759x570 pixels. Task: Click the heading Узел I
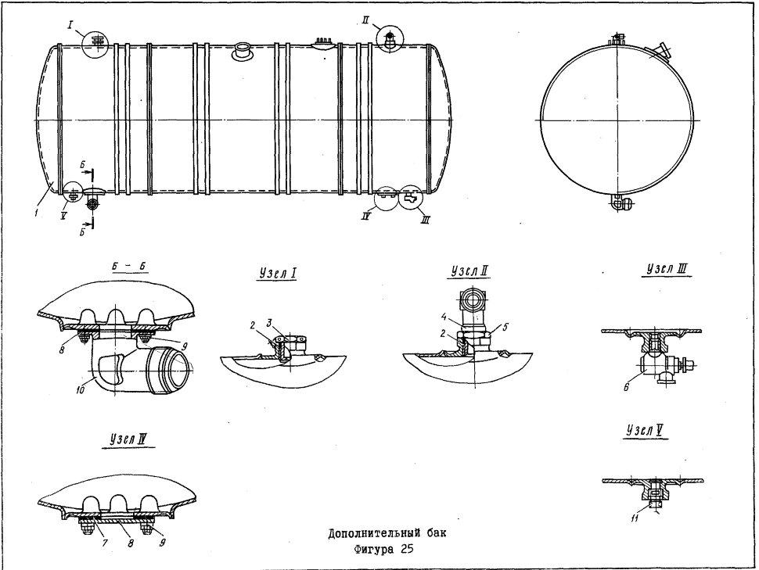(x=277, y=274)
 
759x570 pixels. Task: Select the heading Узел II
(x=469, y=271)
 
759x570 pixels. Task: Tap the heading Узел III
(x=667, y=269)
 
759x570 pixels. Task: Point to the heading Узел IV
(x=128, y=439)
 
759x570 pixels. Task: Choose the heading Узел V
(x=645, y=430)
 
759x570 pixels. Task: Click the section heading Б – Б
(x=129, y=266)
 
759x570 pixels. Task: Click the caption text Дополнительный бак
(x=387, y=533)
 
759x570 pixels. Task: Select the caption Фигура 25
(x=383, y=550)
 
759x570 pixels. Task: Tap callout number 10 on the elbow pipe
(x=81, y=389)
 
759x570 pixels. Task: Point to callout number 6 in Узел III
(x=626, y=387)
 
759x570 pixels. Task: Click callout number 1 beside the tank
(x=37, y=213)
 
